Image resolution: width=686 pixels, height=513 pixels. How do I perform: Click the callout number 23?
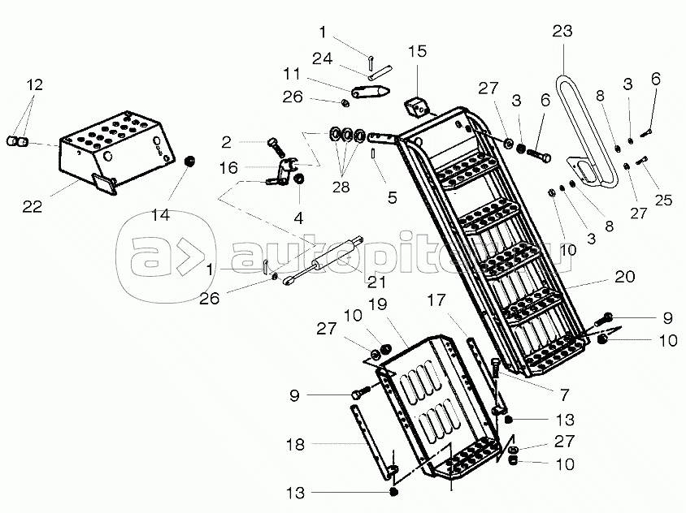click(562, 32)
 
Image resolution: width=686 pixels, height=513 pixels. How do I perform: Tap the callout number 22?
click(32, 207)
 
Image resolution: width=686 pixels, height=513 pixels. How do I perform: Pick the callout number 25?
click(663, 200)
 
